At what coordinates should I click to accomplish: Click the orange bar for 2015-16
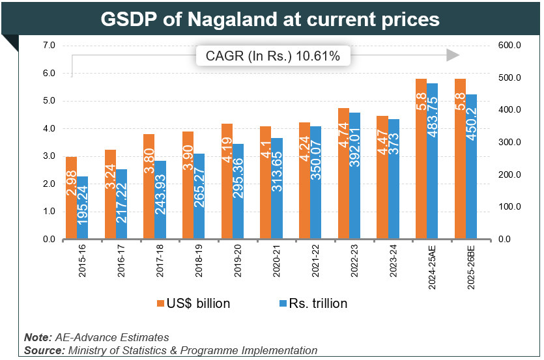[x=71, y=198]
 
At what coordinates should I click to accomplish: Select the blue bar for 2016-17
[x=122, y=204]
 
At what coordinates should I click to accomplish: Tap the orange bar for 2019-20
[x=227, y=182]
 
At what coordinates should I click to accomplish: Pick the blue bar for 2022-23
[x=355, y=176]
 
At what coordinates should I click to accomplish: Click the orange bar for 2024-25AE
[x=422, y=159]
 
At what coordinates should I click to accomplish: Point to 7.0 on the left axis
[x=49, y=46]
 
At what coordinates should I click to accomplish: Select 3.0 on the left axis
[x=49, y=156]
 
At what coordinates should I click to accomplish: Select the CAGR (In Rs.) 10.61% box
[x=273, y=57]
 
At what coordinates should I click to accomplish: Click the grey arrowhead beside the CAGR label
[x=452, y=56]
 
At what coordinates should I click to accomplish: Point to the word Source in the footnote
[x=43, y=350]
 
